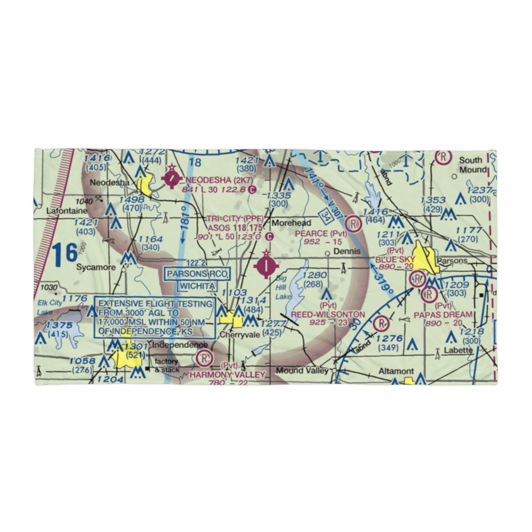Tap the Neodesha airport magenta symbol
click(172, 180)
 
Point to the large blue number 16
click(65, 253)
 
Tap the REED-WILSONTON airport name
click(328, 315)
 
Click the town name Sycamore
click(95, 267)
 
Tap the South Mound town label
click(472, 165)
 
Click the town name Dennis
click(347, 252)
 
